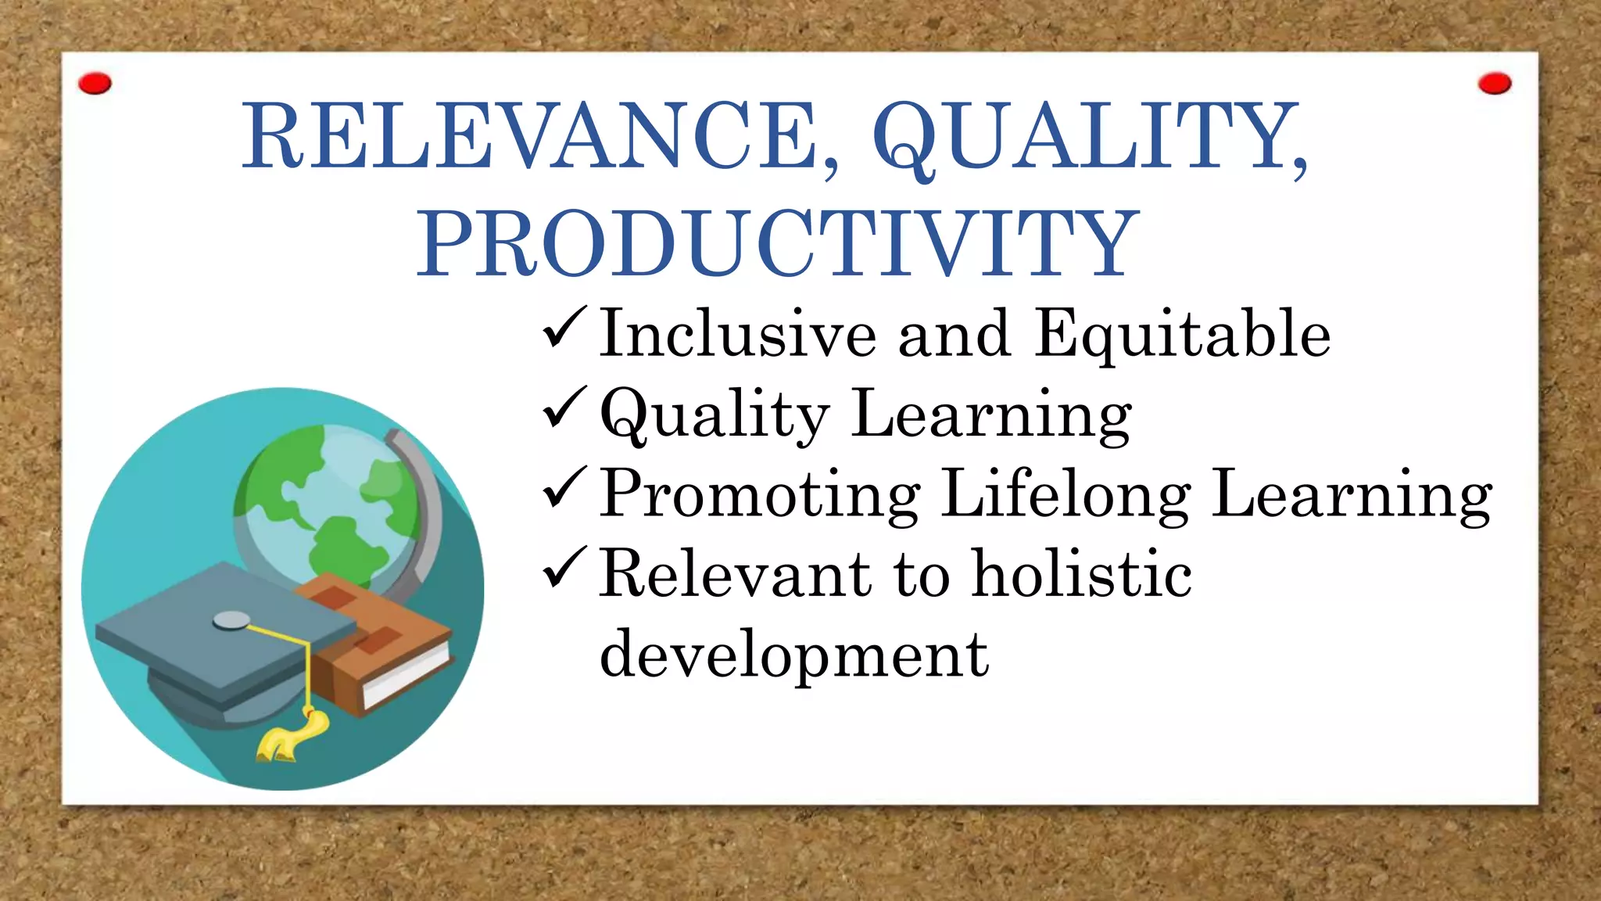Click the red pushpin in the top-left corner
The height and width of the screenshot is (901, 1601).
95,83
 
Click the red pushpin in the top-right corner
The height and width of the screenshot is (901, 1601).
1495,83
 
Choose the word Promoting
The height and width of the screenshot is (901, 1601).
761,495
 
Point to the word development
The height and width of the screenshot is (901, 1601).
794,655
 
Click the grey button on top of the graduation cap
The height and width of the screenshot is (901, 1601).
231,620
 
